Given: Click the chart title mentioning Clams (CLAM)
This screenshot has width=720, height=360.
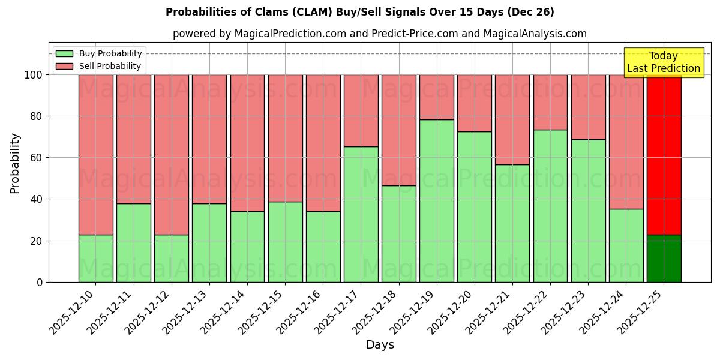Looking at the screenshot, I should click(359, 12).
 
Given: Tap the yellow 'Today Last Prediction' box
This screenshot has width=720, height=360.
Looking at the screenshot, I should click(663, 62).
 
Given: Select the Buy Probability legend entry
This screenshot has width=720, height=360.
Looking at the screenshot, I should click(98, 53).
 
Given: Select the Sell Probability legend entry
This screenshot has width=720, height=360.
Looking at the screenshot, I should click(98, 66).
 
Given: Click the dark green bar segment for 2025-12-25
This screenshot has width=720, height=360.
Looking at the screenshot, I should click(664, 259).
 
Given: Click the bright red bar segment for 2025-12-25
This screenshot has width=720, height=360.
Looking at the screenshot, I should click(664, 154).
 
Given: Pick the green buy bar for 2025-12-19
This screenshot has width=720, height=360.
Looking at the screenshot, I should click(436, 201).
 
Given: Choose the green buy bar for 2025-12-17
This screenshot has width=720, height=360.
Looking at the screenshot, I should click(361, 214).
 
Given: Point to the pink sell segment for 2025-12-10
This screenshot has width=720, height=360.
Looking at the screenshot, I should click(95, 154).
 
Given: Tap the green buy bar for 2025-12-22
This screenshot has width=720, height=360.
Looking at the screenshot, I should click(550, 206).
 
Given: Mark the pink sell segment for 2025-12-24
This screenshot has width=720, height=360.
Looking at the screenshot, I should click(626, 142).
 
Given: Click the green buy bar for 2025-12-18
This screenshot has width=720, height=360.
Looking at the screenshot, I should click(398, 234).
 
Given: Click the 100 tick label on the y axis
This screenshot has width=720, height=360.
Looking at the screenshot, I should click(34, 75).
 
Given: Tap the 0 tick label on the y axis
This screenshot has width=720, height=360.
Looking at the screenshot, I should click(40, 282).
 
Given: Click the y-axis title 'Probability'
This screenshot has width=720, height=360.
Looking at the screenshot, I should click(15, 163).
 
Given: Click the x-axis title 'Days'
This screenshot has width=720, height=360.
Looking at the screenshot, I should click(380, 345).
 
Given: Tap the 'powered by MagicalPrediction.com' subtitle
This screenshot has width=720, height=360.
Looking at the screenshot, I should click(379, 34).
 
